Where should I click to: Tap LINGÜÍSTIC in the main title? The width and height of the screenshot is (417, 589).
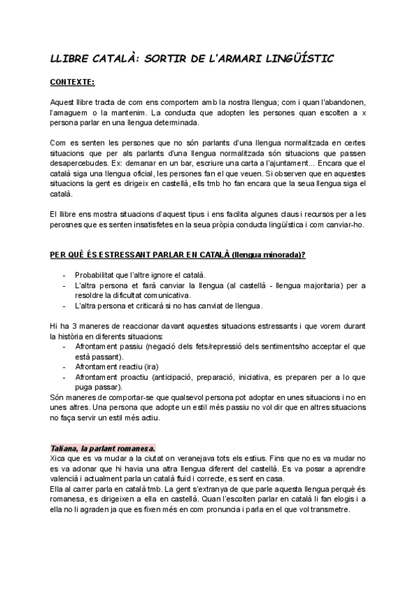296,60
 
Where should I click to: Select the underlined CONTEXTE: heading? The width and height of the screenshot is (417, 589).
72,82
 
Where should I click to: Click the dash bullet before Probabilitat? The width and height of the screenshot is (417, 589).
65,275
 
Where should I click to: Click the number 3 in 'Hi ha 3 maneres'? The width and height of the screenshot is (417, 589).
71,326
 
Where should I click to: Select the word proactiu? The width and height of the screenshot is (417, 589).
142,377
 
